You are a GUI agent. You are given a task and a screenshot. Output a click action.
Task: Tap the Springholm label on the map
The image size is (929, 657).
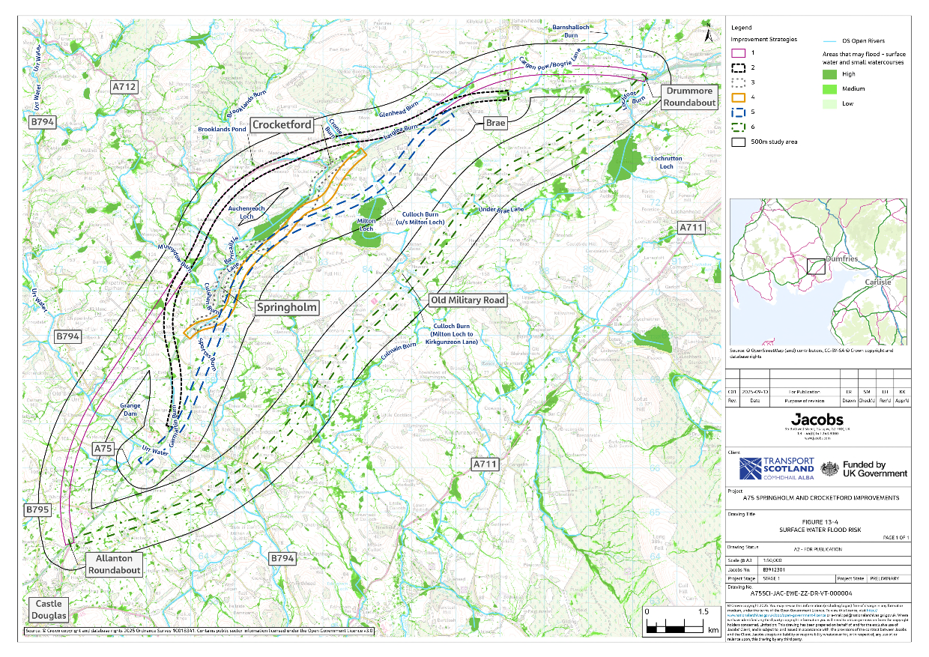288,308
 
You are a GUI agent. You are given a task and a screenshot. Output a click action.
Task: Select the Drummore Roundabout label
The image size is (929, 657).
689,96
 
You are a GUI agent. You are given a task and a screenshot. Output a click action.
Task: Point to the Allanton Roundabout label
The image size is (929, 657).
115,564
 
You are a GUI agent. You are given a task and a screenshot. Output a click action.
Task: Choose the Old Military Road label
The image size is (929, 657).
467,300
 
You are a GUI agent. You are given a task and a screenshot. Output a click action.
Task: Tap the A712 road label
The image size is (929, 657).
124,87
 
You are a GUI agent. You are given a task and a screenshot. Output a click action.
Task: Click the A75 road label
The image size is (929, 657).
103,448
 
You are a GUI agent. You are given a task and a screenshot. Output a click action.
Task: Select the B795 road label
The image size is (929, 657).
37,509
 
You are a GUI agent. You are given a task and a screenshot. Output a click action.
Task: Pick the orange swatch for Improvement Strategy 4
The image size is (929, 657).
738,97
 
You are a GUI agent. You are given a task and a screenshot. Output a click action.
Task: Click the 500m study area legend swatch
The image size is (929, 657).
738,140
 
